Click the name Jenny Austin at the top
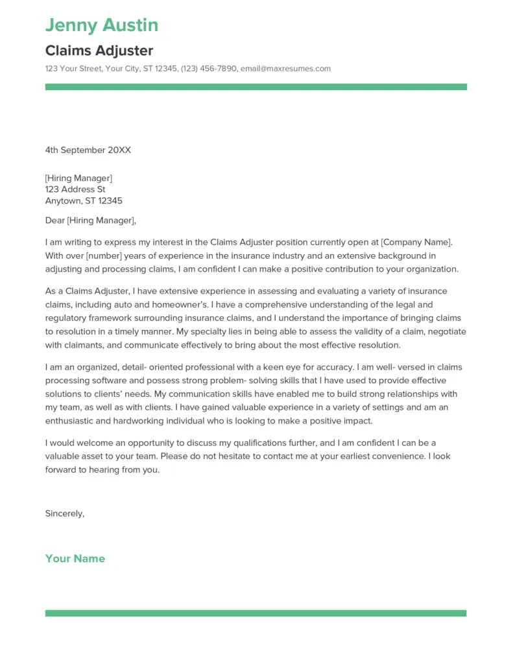tap(102, 25)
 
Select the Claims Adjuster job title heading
tap(99, 50)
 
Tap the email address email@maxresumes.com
tap(285, 69)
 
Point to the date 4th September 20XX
tap(88, 150)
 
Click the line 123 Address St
tap(75, 189)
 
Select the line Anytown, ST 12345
tap(84, 201)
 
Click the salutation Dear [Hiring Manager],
tap(91, 220)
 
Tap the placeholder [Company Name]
tap(416, 242)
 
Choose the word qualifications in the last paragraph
tap(278, 443)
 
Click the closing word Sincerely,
tap(65, 513)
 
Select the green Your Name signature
tap(75, 558)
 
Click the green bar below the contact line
tap(256, 87)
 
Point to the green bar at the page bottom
tap(256, 613)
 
